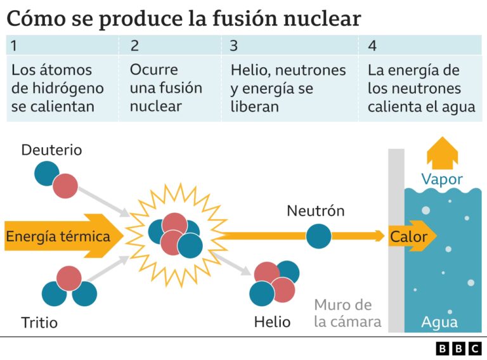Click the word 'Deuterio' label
point(51,150)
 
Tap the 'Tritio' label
point(39,323)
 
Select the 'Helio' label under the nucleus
point(272,322)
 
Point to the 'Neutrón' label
point(315,211)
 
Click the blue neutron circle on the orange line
point(318,236)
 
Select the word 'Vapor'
point(442,179)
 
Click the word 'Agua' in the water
point(439,323)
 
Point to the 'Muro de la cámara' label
point(347,313)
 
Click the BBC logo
point(458,348)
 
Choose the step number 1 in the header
point(15,46)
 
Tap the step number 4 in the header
point(372,46)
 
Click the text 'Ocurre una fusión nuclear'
point(166,87)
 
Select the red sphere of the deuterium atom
point(65,186)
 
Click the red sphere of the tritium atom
point(68,278)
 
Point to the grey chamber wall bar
point(396,285)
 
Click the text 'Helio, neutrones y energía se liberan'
point(288,87)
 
